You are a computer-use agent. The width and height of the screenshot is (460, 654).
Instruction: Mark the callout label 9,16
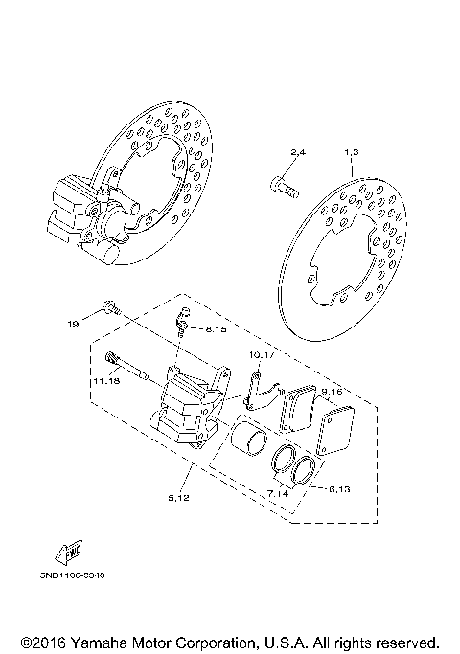pyautogui.click(x=332, y=392)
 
